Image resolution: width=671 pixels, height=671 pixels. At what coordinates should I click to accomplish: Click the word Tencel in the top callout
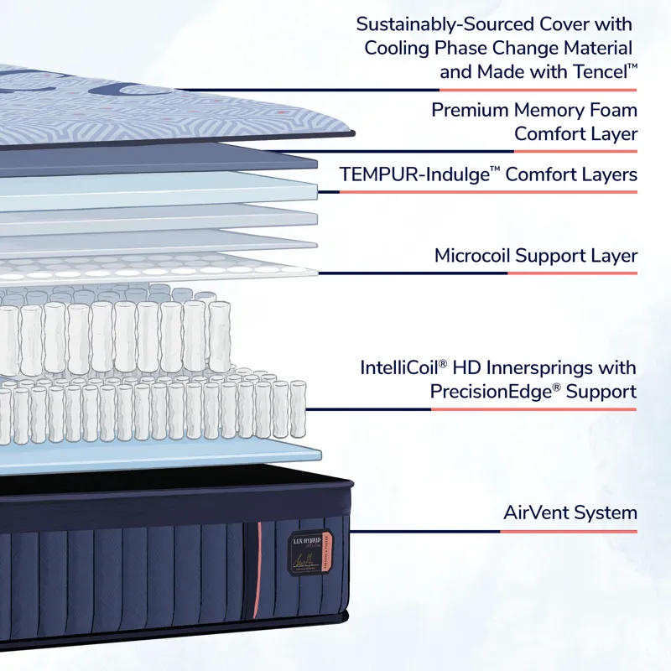pos(596,72)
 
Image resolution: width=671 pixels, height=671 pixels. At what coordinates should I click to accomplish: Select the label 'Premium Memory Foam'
pos(534,110)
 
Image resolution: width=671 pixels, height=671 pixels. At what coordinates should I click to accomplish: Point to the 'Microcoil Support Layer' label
pos(535,256)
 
